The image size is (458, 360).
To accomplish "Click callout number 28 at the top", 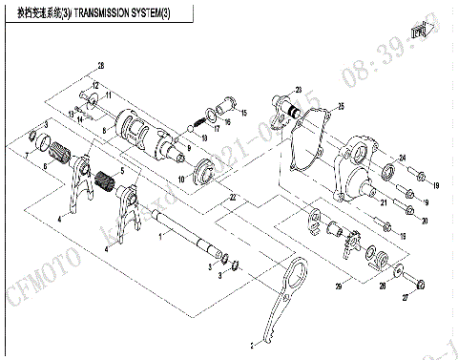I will point(99,64).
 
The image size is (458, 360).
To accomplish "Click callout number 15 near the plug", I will point(242,113).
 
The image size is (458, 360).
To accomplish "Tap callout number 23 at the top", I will point(298,89).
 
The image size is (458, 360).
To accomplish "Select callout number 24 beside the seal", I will point(403,158).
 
